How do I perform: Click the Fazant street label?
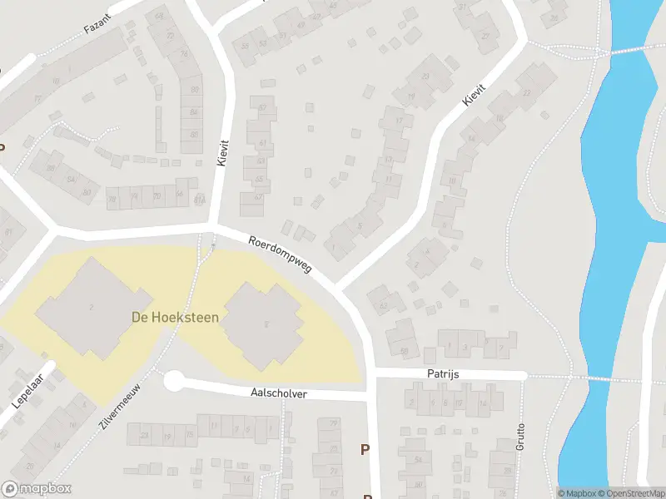click(98, 27)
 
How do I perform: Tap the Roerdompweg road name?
click(280, 256)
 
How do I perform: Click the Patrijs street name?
click(445, 375)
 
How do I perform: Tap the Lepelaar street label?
click(27, 390)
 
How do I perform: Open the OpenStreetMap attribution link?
click(631, 493)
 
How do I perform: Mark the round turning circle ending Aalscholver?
click(173, 382)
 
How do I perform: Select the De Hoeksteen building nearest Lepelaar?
click(92, 309)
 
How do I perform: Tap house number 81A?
click(199, 200)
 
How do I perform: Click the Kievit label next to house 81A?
click(222, 153)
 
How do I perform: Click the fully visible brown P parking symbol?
click(365, 450)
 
